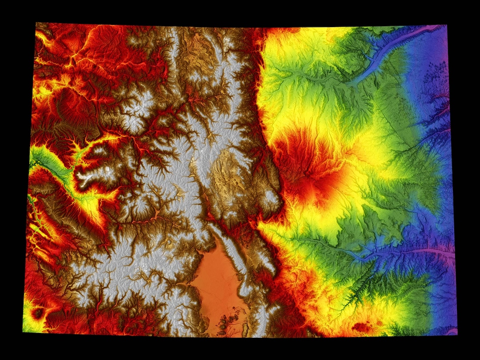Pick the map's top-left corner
tap(36, 23)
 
